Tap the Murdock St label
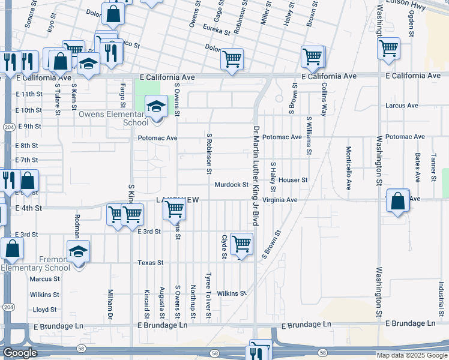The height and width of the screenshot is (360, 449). pyautogui.click(x=232, y=185)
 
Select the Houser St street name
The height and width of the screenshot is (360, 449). pyautogui.click(x=293, y=180)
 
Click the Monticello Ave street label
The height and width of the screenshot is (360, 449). pyautogui.click(x=348, y=168)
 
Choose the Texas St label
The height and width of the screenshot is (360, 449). pyautogui.click(x=151, y=263)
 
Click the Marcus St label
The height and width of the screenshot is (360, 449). pyautogui.click(x=45, y=279)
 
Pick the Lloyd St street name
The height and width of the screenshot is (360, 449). pyautogui.click(x=44, y=310)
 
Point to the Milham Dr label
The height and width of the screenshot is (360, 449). pyautogui.click(x=110, y=304)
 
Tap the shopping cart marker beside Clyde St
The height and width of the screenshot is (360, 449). pyautogui.click(x=241, y=244)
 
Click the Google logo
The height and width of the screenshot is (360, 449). pyautogui.click(x=19, y=353)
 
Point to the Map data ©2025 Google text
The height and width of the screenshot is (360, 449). pyautogui.click(x=411, y=355)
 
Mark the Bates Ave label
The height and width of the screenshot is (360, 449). pyautogui.click(x=417, y=167)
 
